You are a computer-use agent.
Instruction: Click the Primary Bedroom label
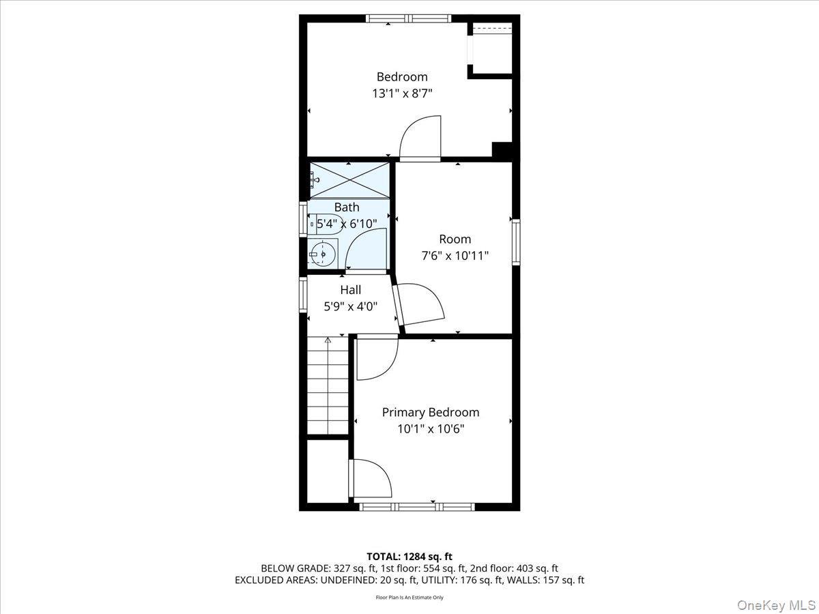click(430, 412)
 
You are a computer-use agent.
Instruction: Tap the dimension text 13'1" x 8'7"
click(402, 93)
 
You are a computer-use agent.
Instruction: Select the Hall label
click(350, 290)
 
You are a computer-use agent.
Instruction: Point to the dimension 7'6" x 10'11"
click(455, 256)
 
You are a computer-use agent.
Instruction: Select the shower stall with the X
click(350, 180)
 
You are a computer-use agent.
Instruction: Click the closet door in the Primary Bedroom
click(371, 478)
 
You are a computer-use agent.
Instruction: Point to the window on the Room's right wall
click(516, 241)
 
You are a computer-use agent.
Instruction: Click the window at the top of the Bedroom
click(408, 18)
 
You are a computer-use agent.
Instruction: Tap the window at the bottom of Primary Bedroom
click(416, 506)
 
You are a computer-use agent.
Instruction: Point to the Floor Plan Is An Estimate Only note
click(409, 598)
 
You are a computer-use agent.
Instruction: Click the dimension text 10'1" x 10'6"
click(430, 429)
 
